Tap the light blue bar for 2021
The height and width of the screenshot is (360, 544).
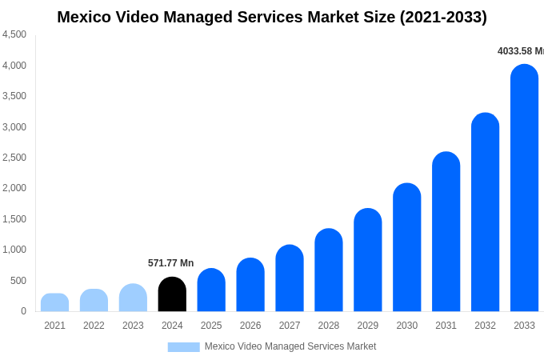(x=54, y=302)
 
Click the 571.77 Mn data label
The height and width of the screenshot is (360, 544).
(x=170, y=263)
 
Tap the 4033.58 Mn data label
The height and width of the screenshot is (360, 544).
(x=520, y=51)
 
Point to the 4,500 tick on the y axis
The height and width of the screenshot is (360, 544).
(x=14, y=34)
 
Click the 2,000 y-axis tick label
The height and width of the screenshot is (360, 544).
(x=14, y=188)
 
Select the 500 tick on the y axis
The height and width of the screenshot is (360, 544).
(x=18, y=281)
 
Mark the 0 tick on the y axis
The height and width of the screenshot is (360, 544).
(x=23, y=311)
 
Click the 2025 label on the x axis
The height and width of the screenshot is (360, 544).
(x=211, y=326)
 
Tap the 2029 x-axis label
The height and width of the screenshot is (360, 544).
(x=368, y=326)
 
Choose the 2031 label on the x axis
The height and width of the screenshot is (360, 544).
(x=446, y=326)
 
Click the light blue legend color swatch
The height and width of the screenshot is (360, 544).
(x=183, y=346)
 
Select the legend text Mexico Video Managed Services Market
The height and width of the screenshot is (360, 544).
(x=290, y=346)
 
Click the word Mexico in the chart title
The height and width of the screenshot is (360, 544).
(x=84, y=17)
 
